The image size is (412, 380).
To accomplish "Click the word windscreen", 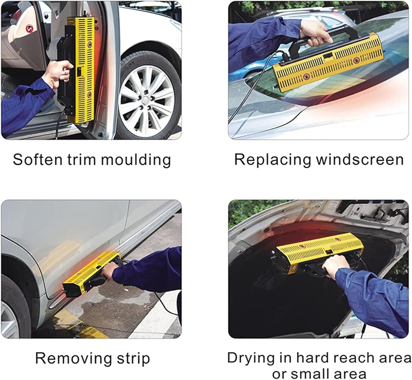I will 360,159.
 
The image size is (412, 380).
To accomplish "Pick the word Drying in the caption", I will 248,358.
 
